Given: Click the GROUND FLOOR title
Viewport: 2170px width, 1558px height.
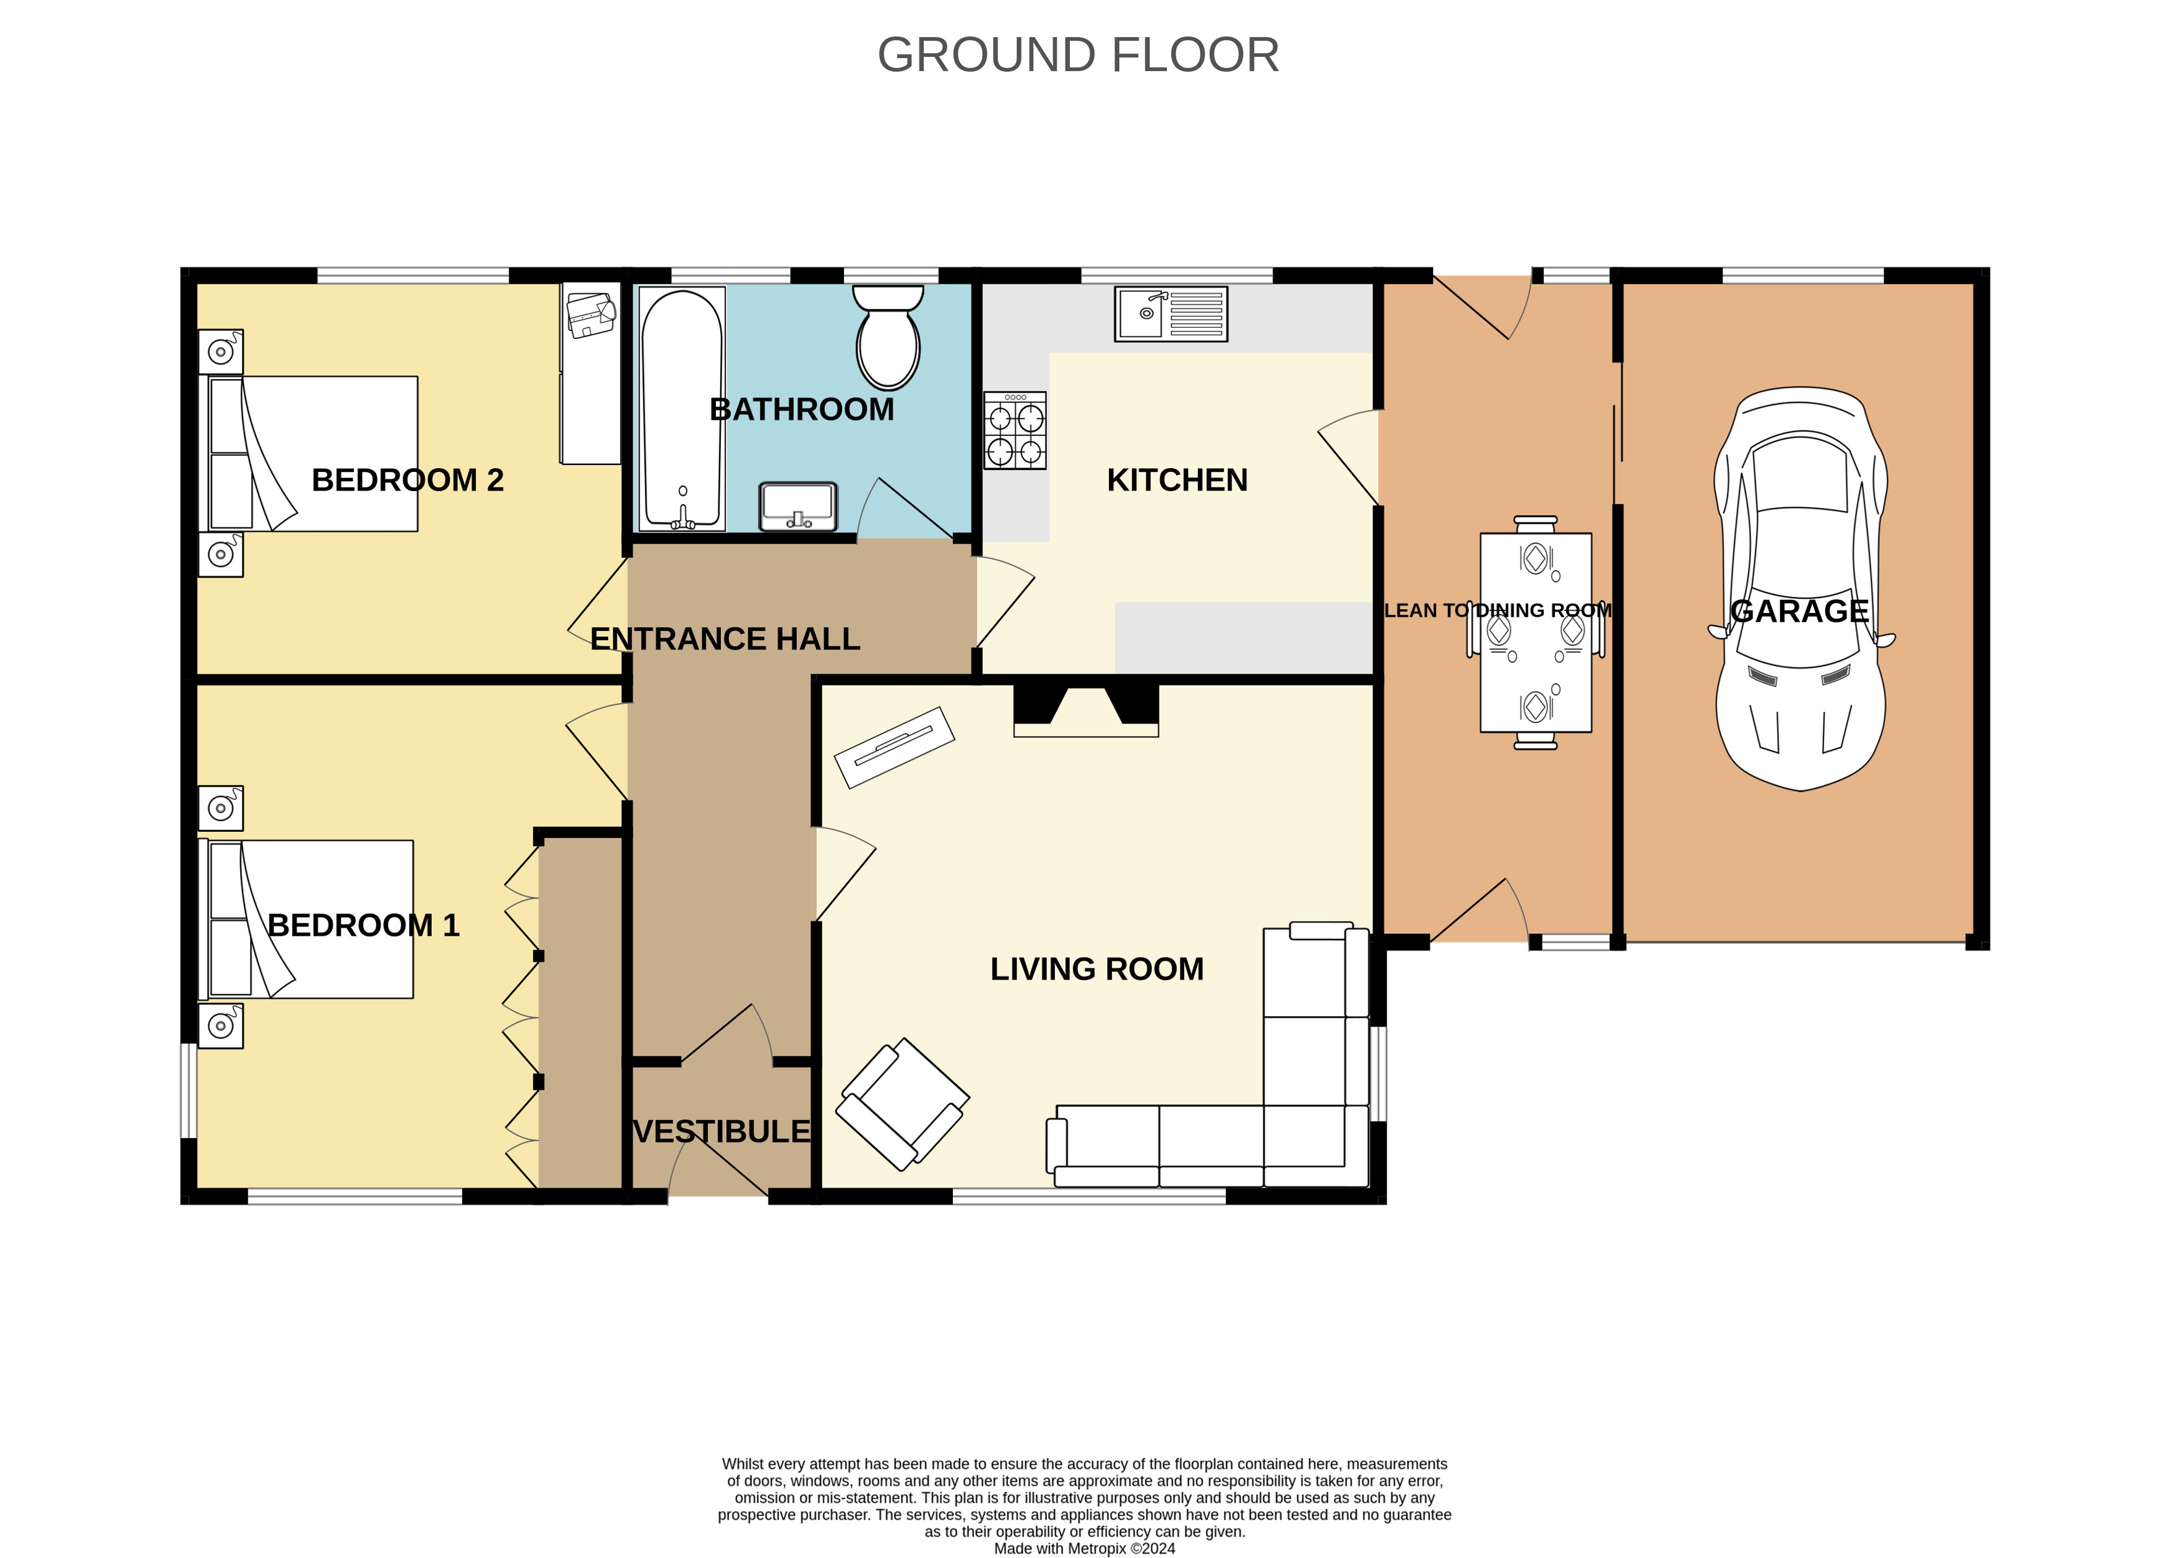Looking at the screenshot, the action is (1079, 54).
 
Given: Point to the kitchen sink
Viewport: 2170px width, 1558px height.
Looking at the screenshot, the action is (1170, 314).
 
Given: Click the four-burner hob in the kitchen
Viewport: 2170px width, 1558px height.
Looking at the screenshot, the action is (1015, 430).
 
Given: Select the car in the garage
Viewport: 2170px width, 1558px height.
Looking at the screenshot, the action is (1801, 588).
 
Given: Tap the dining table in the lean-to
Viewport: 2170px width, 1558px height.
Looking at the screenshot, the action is (1536, 632).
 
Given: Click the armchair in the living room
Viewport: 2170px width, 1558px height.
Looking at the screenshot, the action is (902, 1105).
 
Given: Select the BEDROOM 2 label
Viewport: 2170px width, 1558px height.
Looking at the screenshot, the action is (408, 480).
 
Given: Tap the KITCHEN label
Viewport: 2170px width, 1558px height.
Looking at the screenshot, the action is (1177, 480).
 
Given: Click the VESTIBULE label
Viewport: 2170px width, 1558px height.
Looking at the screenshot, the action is (721, 1131).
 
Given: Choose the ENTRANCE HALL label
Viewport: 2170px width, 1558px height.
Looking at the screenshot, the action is (725, 639).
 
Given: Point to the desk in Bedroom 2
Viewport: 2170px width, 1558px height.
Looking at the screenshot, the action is (590, 373).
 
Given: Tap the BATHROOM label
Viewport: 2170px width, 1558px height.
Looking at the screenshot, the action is (802, 409).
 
